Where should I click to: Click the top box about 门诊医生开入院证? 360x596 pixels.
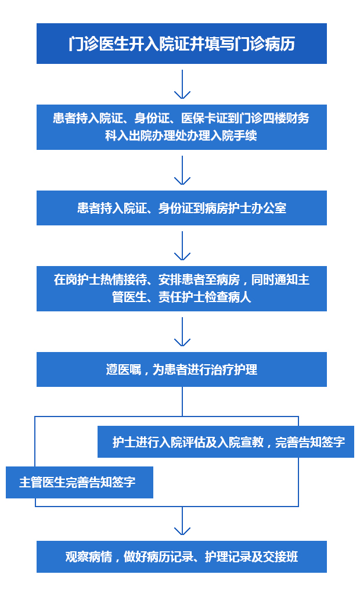pos(182,44)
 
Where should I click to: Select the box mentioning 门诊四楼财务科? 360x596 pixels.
pos(182,127)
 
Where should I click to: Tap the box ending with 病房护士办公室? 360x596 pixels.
pos(182,208)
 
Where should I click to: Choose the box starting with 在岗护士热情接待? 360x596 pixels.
pos(182,289)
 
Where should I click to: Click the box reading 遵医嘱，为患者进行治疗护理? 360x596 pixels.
pos(182,369)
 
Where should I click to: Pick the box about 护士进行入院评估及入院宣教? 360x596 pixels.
pos(226,441)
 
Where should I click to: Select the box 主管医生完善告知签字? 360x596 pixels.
pos(80,482)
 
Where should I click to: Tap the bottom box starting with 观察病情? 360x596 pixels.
pos(182,557)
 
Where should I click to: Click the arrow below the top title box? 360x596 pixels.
pos(182,84)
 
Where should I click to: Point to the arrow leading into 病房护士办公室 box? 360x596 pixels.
pos(182,170)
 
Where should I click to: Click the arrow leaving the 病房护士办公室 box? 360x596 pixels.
pos(182,246)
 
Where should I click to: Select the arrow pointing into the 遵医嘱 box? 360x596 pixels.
pos(182,332)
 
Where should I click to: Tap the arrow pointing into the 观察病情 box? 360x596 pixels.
pos(182,521)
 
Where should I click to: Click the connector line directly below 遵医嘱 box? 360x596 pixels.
pos(182,402)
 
